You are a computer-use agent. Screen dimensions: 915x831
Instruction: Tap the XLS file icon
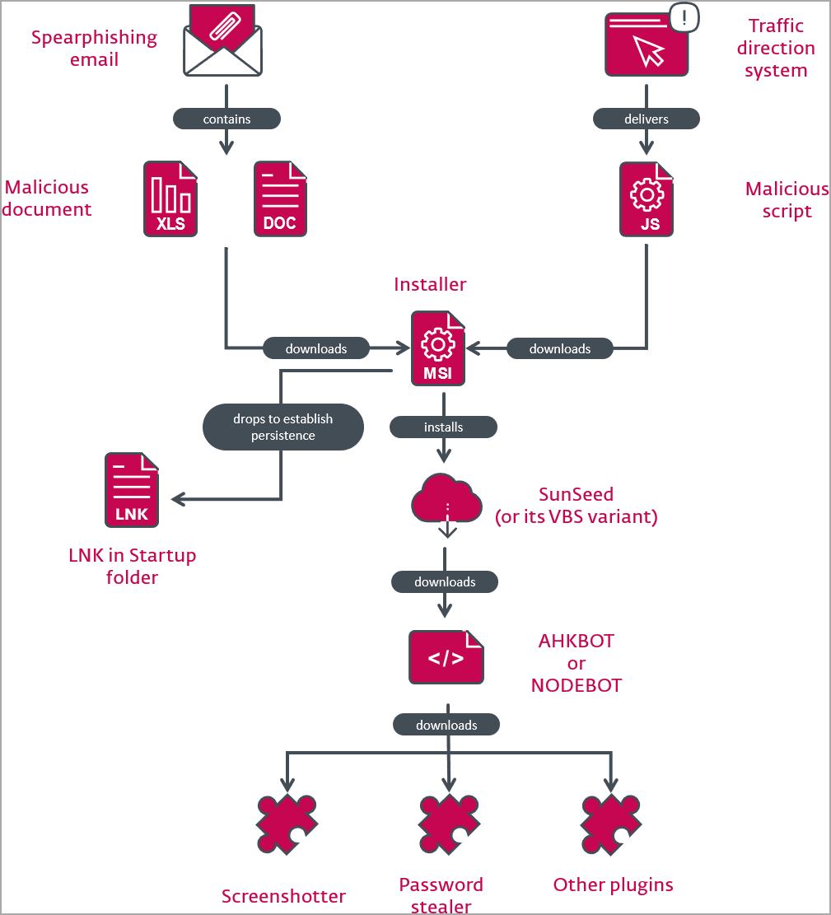point(171,199)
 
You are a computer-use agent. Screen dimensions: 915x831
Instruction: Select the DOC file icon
point(280,199)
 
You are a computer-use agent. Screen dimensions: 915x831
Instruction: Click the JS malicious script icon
point(647,199)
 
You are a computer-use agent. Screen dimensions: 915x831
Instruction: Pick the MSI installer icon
point(438,348)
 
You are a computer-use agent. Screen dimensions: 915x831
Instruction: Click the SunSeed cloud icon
point(446,501)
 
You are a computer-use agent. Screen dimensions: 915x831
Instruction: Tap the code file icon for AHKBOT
point(446,657)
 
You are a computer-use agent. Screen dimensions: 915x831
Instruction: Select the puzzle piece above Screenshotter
point(286,825)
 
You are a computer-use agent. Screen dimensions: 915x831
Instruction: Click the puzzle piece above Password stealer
point(448,825)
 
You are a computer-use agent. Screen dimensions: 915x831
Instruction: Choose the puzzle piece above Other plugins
point(610,825)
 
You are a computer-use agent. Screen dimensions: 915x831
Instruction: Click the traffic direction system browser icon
point(646,46)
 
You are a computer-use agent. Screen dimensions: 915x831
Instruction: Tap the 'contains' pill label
point(226,119)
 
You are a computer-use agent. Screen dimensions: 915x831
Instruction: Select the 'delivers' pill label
point(647,119)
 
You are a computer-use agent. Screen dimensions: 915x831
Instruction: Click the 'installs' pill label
point(443,427)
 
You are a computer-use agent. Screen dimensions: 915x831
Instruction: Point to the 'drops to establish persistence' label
point(283,427)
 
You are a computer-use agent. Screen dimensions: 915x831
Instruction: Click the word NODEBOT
point(577,685)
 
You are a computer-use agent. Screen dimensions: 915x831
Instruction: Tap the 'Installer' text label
point(430,284)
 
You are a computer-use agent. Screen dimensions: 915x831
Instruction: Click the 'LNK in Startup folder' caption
point(132,566)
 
